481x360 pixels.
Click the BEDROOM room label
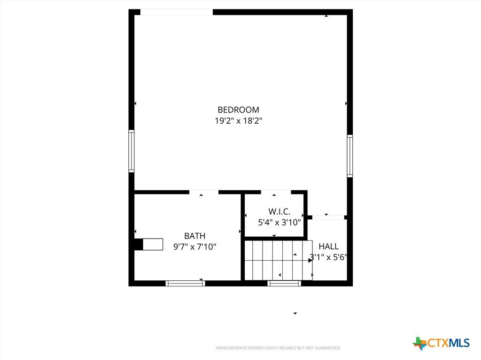238,110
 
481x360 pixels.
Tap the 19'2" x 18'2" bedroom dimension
238,121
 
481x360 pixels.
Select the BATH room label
195,236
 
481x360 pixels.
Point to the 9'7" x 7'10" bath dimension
195,247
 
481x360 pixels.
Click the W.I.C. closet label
279,211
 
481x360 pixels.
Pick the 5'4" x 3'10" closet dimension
279,222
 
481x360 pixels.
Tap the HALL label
328,247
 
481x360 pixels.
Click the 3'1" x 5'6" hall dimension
328,257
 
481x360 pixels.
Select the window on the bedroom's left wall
132,151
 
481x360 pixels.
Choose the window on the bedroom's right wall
349,156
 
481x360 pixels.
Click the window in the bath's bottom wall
185,284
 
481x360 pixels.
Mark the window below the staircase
284,284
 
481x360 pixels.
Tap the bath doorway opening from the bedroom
204,192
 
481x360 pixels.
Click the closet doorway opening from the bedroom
276,192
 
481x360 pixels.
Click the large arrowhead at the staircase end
310,260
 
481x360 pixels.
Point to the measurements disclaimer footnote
278,348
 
